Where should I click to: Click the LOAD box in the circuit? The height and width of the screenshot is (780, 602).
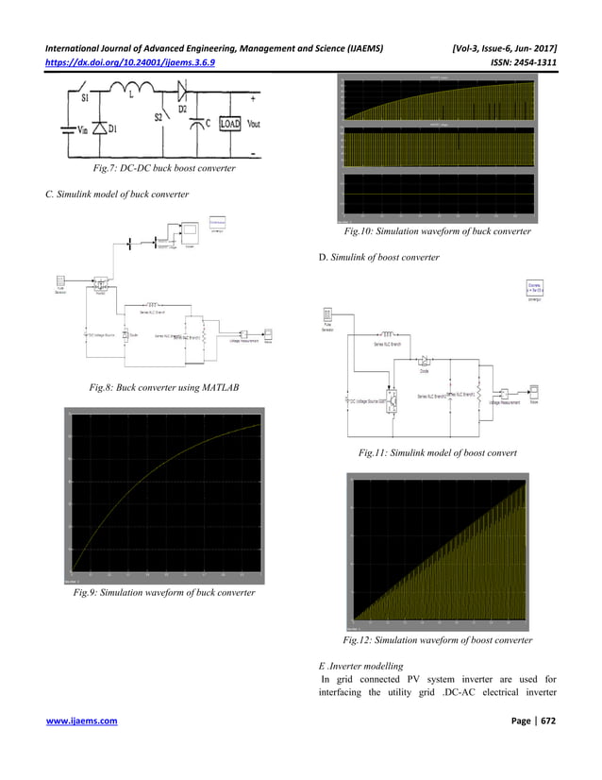(x=228, y=123)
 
